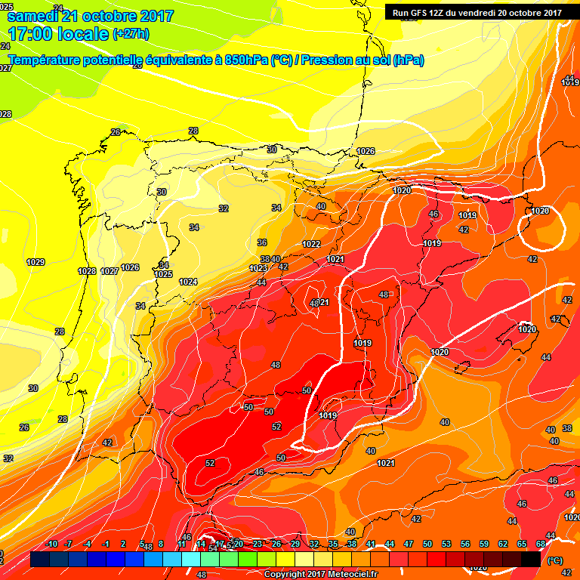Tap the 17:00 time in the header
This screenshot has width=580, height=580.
32,34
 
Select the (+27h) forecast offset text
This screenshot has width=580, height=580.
130,34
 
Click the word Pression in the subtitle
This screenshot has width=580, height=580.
327,60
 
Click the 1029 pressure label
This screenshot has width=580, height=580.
35,263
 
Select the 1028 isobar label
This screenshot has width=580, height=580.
87,271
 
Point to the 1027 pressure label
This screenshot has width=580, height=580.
110,271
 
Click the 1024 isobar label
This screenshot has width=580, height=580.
189,282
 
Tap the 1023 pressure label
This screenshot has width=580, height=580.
258,268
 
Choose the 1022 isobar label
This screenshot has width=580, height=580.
311,244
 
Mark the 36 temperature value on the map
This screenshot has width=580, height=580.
262,242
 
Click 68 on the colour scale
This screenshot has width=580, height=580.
541,544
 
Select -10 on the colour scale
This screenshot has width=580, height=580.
51,544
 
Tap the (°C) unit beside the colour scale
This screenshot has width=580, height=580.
555,560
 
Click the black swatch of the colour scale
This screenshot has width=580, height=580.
531,560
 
